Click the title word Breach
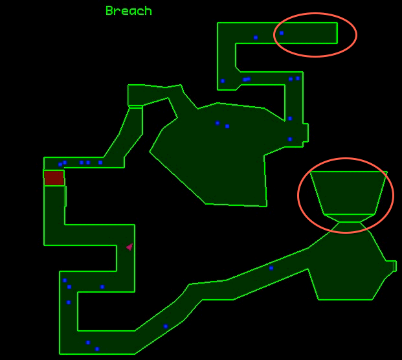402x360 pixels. [128, 11]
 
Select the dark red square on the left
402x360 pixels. [54, 178]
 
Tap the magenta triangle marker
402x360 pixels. [129, 247]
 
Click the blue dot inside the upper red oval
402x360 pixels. [282, 33]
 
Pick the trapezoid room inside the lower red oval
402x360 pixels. [348, 192]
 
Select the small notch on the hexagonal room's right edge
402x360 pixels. [390, 266]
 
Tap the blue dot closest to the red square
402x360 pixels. [60, 164]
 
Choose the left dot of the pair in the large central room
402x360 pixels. [218, 123]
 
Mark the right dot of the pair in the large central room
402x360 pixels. [227, 126]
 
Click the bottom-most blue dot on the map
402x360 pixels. [97, 349]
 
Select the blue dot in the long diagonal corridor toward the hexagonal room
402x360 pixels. [271, 268]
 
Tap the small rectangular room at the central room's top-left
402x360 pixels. [135, 95]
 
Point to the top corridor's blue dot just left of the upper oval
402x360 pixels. [256, 38]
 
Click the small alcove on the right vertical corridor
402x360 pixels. [304, 132]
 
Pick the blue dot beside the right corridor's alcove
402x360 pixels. [290, 139]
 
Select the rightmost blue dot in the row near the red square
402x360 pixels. [100, 163]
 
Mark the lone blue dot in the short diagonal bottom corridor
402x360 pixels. [166, 326]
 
